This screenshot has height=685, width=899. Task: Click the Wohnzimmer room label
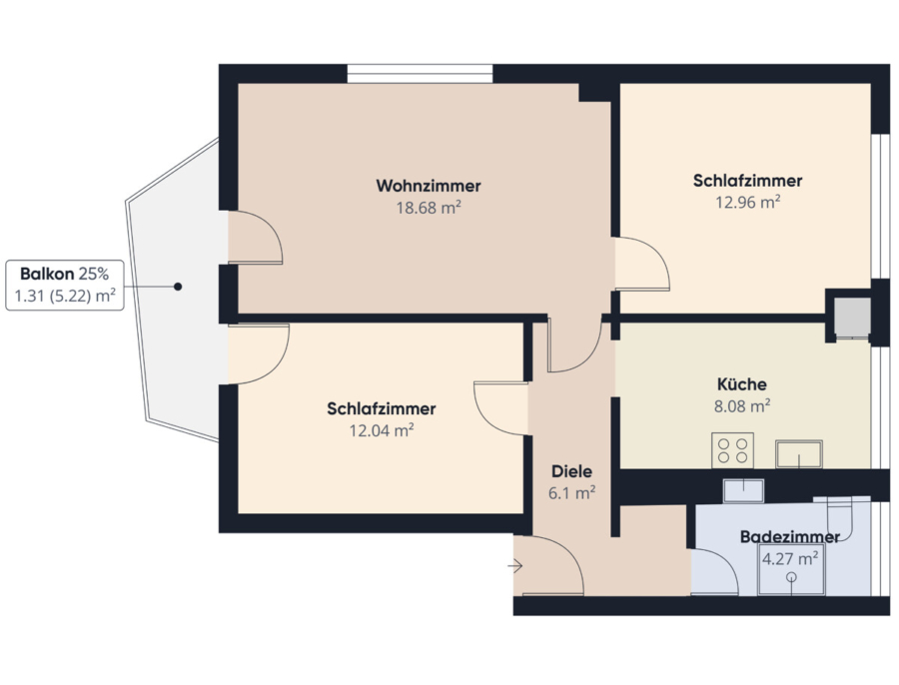(429, 186)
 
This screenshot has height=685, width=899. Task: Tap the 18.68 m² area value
(429, 208)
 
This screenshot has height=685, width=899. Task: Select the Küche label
(742, 384)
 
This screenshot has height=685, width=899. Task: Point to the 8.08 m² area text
(742, 405)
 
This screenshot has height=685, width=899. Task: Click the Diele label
(571, 471)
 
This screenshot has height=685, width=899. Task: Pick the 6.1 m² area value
(571, 493)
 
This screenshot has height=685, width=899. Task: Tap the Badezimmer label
(790, 537)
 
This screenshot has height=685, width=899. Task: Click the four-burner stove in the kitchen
(733, 450)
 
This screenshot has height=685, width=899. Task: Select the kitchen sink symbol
(799, 454)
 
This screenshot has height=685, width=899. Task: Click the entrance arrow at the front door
(514, 566)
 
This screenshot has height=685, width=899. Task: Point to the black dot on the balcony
(178, 287)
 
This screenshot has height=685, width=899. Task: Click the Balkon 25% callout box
(65, 285)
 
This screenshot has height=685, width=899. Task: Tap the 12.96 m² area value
(747, 203)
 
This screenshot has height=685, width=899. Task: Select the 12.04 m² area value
(382, 430)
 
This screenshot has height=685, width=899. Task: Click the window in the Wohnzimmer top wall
(420, 74)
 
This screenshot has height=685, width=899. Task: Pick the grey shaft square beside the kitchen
(852, 317)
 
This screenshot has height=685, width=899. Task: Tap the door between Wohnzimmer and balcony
(256, 238)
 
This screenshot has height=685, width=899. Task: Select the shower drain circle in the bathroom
(791, 577)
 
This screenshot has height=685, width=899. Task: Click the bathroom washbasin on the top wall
(743, 491)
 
